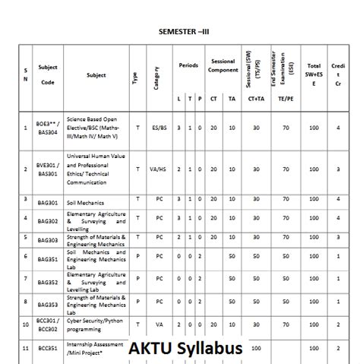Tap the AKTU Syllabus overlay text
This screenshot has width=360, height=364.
click(185, 349)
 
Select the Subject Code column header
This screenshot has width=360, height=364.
click(48, 74)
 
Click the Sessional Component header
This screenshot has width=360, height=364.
click(223, 65)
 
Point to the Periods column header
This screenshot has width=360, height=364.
click(188, 65)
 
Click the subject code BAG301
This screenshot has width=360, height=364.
click(48, 201)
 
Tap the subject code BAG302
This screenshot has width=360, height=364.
click(48, 220)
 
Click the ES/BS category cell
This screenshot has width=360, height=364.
click(159, 128)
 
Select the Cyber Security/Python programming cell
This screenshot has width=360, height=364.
click(96, 326)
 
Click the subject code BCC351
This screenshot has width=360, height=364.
click(48, 347)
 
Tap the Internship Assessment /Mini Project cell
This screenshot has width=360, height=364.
click(94, 347)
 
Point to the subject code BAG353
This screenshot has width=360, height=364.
click(48, 304)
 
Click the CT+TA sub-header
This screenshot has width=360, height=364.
click(256, 99)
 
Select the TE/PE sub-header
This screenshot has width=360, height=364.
click(286, 99)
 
